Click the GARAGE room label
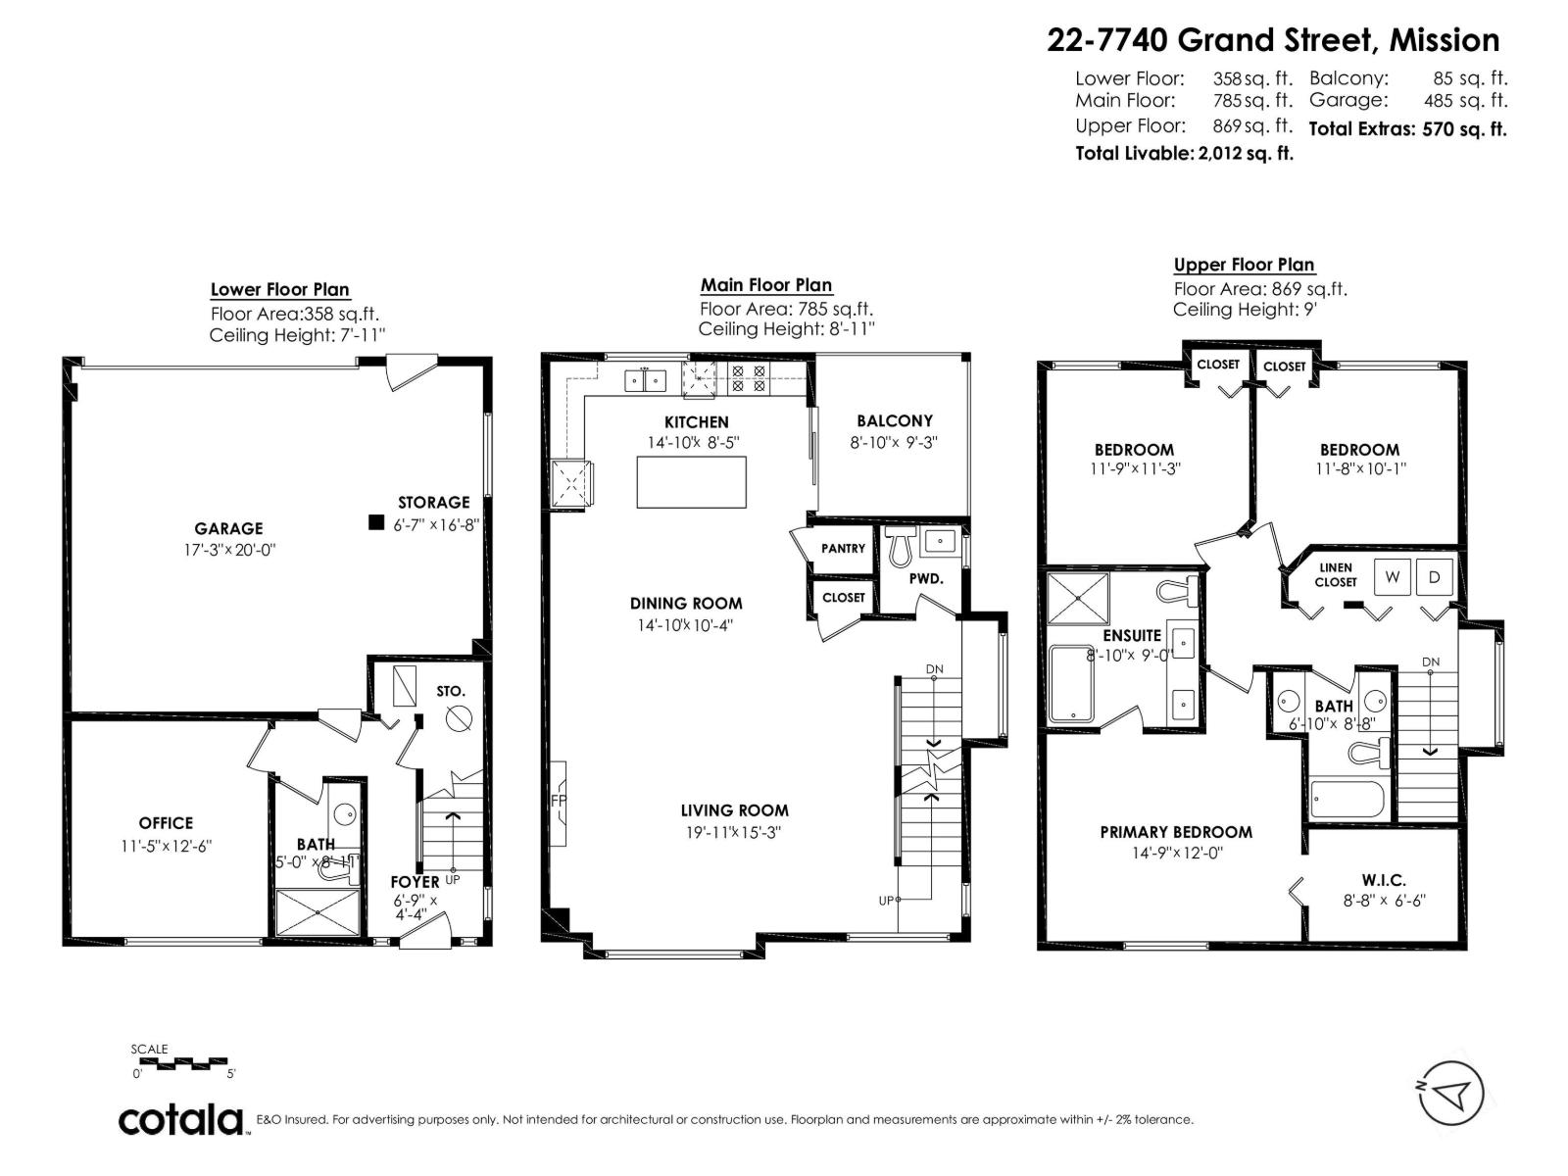click(228, 528)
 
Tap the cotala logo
click(182, 1119)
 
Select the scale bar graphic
click(180, 1062)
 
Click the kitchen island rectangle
click(691, 482)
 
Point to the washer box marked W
click(1392, 577)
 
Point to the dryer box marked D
click(1435, 577)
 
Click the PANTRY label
click(843, 548)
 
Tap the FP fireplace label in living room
click(559, 801)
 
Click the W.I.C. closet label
click(1383, 880)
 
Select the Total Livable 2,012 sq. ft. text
click(1184, 153)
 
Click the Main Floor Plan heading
click(765, 285)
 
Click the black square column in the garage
click(375, 522)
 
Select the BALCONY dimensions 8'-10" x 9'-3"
click(893, 442)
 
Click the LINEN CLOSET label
click(1336, 574)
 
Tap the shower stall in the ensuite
click(1078, 599)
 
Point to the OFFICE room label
click(166, 823)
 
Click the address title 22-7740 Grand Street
click(1272, 40)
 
